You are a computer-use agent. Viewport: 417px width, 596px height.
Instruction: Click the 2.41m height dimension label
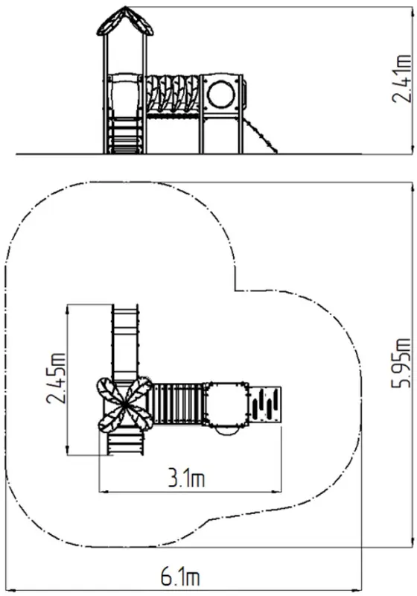[401, 79]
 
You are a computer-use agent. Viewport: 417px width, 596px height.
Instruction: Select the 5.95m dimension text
[401, 363]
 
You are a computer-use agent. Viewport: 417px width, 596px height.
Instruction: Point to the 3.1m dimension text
[186, 479]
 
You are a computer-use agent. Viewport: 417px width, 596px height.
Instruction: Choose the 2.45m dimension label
[55, 378]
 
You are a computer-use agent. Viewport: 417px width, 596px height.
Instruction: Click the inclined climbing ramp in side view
[261, 136]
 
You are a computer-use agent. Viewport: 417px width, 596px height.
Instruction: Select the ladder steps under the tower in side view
[125, 136]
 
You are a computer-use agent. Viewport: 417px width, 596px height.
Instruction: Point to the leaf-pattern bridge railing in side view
[173, 94]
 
